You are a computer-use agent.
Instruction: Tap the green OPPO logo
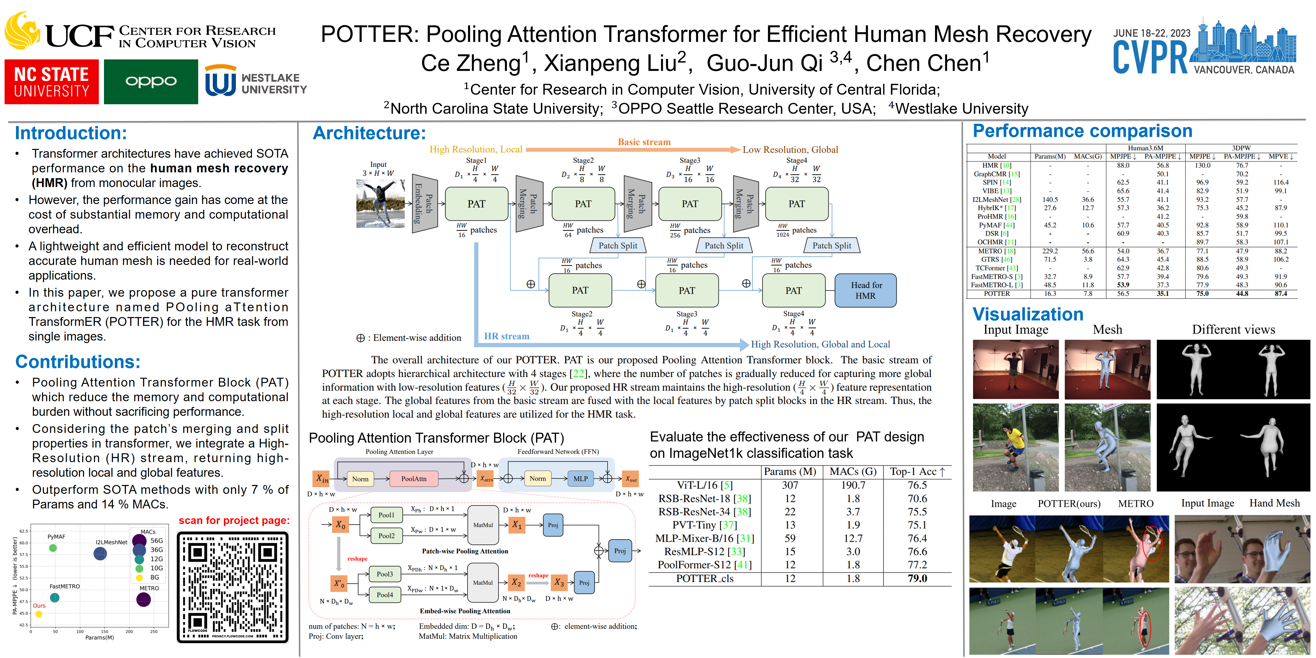tap(151, 82)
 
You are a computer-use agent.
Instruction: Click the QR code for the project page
tap(232, 587)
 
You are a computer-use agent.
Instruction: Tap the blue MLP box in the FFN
tap(580, 479)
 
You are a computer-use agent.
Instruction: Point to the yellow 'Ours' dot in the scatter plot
tap(39, 614)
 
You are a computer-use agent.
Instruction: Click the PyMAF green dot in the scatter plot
tap(53, 548)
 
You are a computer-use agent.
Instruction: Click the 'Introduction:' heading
tap(71, 133)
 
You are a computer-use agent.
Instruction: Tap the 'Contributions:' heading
tap(78, 362)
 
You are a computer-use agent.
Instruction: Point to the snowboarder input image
tap(380, 203)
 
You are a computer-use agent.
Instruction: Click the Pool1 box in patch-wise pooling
tap(386, 515)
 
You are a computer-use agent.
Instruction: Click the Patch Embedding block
tap(425, 203)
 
